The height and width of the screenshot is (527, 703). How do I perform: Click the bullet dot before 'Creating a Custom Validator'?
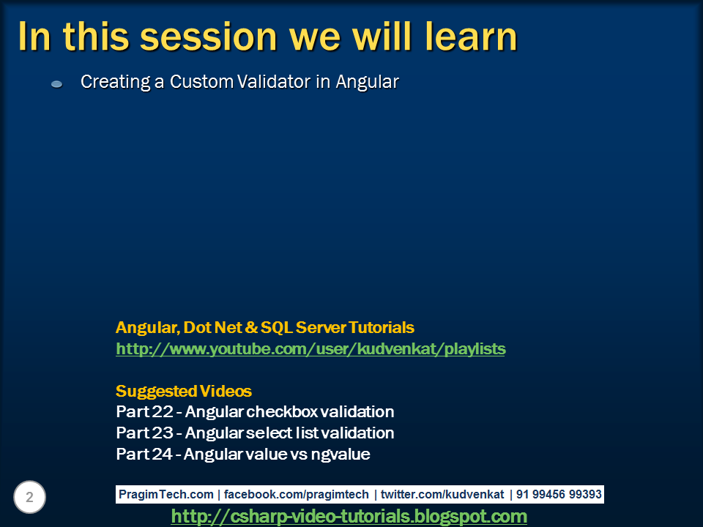[56, 85]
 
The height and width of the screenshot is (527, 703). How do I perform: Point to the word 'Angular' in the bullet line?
[367, 82]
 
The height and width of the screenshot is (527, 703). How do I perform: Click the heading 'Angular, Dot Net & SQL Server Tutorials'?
[264, 327]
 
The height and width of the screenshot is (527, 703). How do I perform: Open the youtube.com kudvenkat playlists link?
[310, 349]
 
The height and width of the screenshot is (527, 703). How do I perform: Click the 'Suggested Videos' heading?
[184, 391]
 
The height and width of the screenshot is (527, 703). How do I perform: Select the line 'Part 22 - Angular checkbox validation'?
[255, 411]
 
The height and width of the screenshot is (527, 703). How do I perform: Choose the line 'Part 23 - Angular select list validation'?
[255, 433]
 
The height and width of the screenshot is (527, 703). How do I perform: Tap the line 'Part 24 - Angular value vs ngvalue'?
[243, 454]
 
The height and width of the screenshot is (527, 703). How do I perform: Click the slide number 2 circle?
[29, 498]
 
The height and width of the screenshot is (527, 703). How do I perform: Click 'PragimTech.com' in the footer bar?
[166, 494]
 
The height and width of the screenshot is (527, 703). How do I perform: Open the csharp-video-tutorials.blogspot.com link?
[349, 516]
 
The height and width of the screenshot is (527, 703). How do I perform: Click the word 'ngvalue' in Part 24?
[341, 454]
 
